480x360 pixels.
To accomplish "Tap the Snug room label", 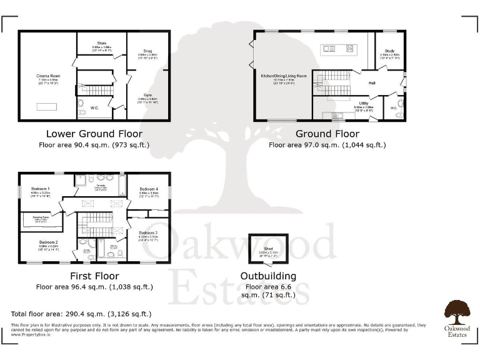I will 148,51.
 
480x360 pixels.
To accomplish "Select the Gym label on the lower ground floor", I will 147,94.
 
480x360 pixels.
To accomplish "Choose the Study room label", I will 389,51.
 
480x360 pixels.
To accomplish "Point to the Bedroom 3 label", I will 148,232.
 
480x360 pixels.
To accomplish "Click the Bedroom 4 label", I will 149,189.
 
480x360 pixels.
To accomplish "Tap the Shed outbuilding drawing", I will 267,251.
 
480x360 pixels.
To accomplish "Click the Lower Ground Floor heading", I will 94,134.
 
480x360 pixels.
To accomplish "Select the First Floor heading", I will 94,276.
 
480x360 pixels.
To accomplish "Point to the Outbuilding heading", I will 269,276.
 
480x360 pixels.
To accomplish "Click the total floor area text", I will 81,313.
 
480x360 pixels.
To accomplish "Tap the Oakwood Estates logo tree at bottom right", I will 457,310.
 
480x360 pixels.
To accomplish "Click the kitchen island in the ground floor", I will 336,49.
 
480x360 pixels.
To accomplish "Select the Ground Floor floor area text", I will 327,145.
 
